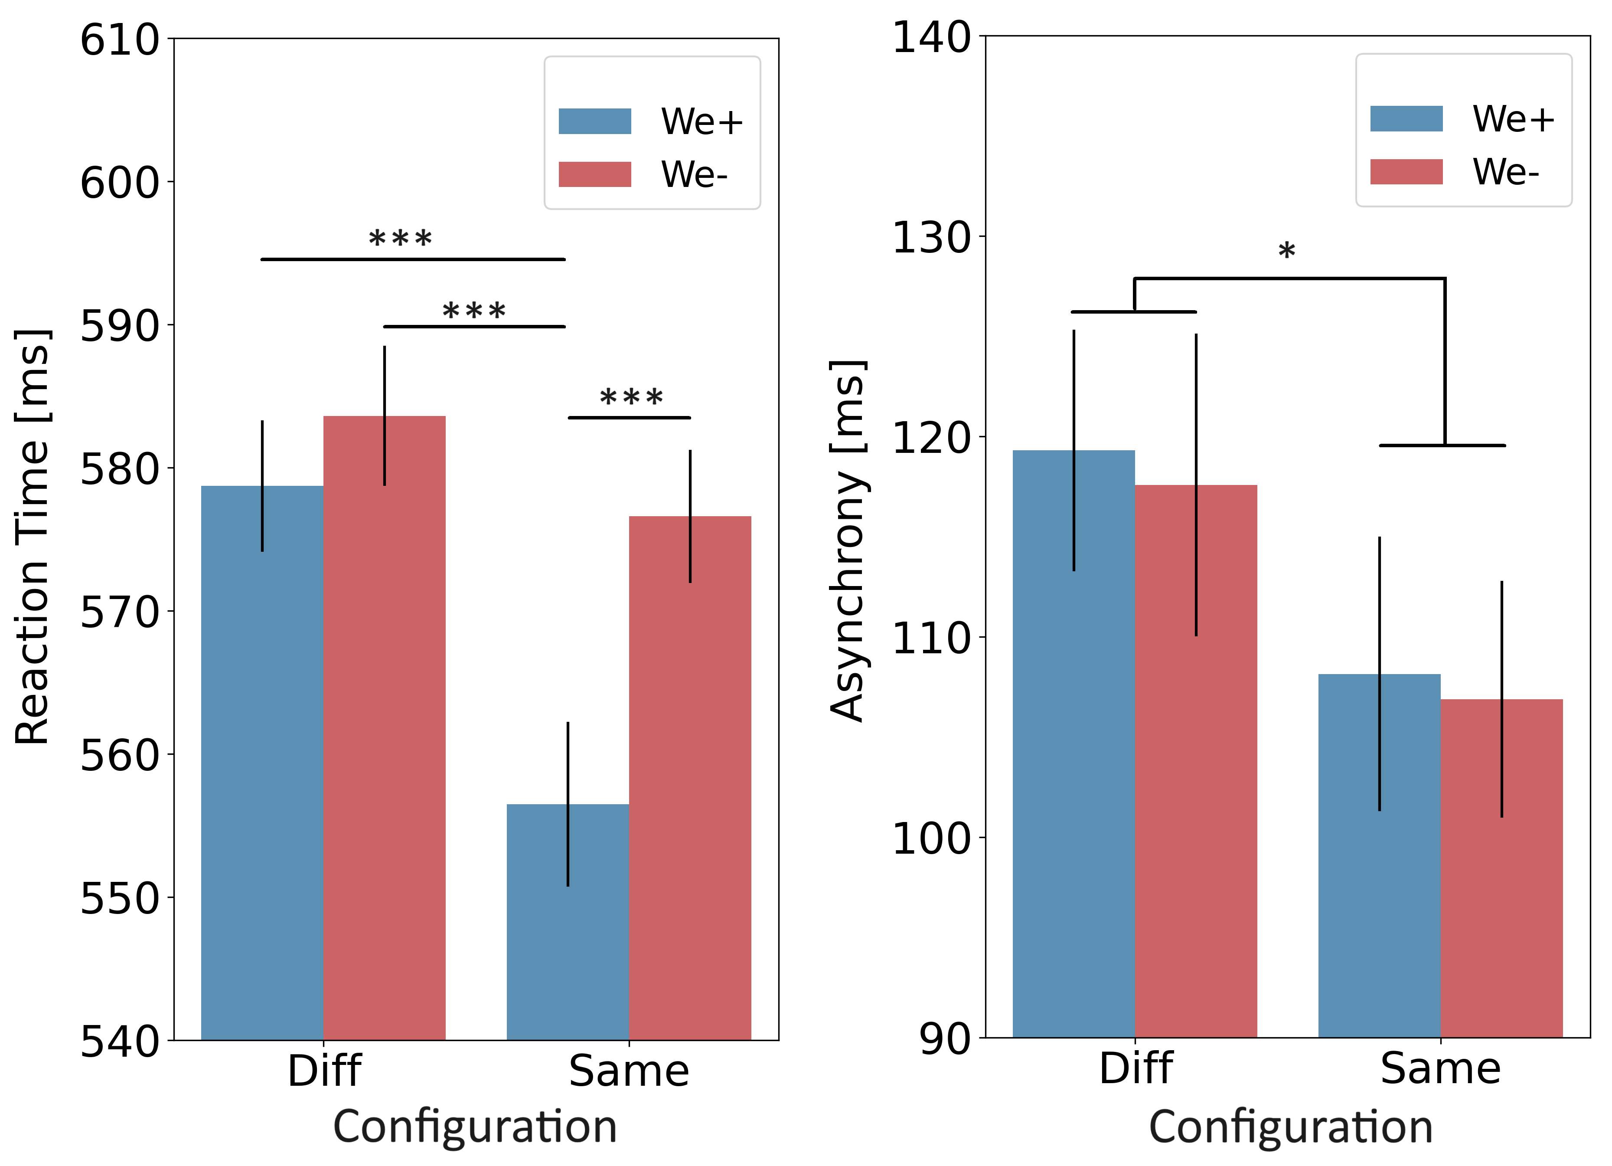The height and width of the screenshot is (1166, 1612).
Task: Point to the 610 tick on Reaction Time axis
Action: (x=119, y=40)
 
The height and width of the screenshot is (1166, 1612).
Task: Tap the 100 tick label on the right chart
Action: (x=931, y=839)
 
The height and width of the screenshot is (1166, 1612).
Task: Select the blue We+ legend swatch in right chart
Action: (x=1406, y=119)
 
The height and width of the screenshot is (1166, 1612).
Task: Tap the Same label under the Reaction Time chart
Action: (x=629, y=1071)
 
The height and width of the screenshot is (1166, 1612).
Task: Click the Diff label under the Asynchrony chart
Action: (x=1135, y=1068)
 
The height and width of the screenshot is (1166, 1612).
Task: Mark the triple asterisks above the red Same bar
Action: (x=631, y=397)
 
